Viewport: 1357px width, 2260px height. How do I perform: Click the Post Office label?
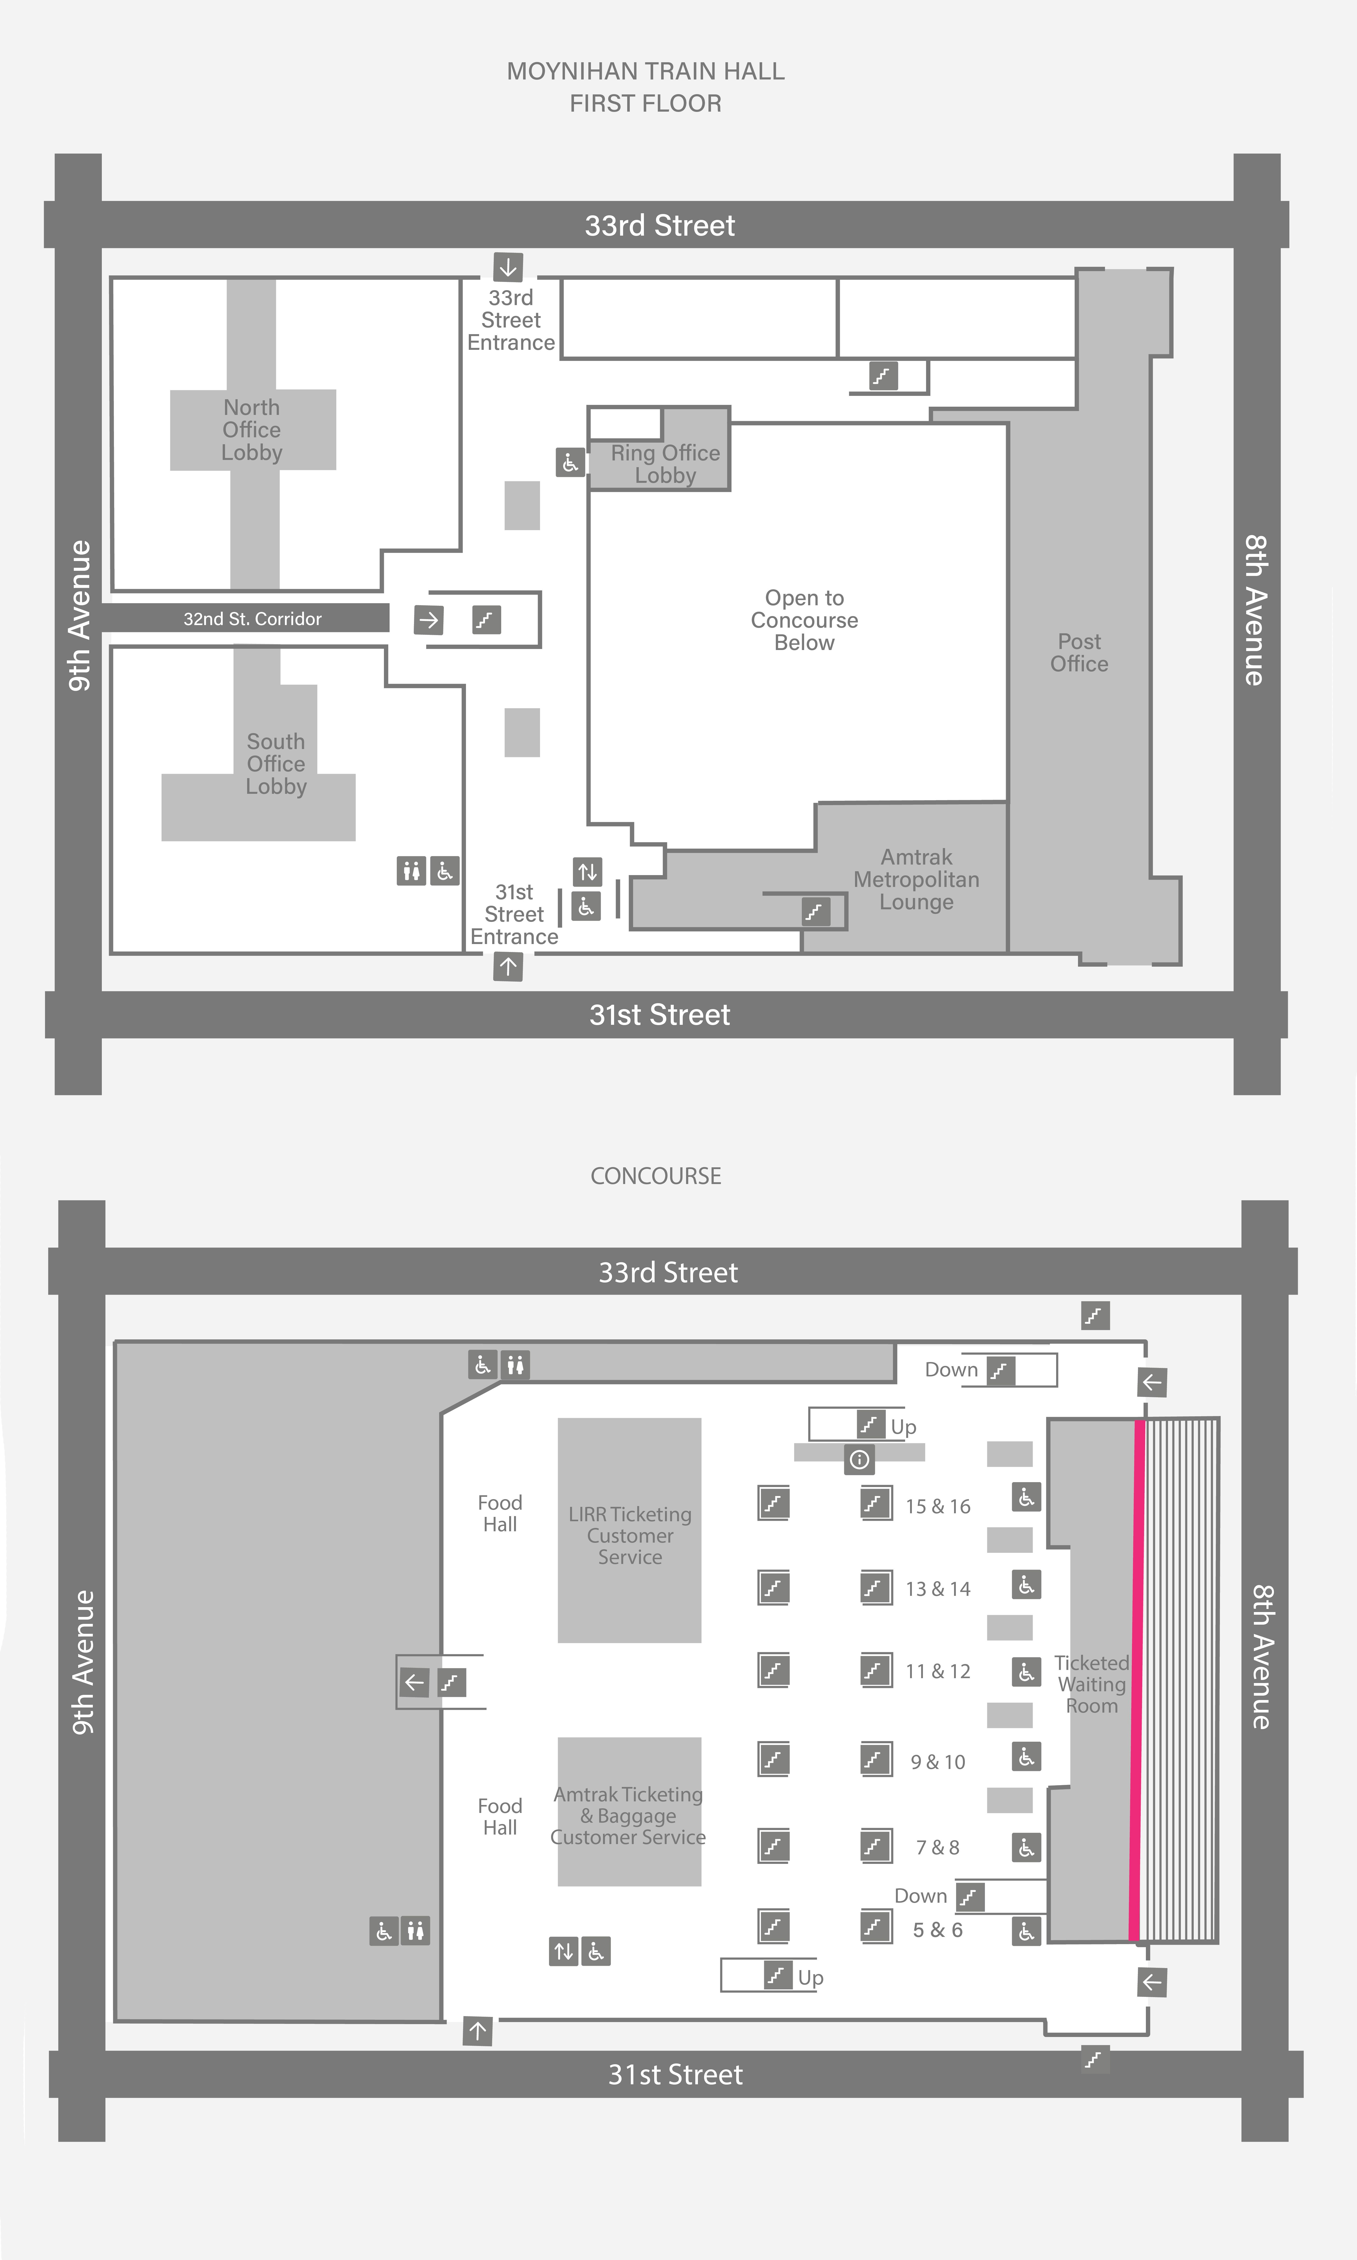1079,653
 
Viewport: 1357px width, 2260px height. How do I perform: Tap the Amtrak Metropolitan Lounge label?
916,880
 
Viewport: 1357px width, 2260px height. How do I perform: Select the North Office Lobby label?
251,430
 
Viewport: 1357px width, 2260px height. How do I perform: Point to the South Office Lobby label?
276,764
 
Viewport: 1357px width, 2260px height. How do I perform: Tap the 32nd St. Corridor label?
252,619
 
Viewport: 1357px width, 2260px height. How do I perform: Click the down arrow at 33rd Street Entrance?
508,267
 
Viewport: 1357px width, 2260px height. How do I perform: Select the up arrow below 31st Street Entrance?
508,967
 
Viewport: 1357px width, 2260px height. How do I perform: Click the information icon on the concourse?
860,1460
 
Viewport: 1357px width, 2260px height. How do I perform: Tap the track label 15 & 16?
938,1506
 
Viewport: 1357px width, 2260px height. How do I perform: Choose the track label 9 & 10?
938,1763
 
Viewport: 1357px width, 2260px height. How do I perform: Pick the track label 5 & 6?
938,1930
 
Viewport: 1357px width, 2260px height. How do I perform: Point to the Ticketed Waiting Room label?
1092,1685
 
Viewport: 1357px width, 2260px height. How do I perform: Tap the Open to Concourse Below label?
805,620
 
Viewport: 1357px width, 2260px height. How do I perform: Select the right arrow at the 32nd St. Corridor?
429,620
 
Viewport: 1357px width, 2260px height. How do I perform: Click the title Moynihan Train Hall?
645,71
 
